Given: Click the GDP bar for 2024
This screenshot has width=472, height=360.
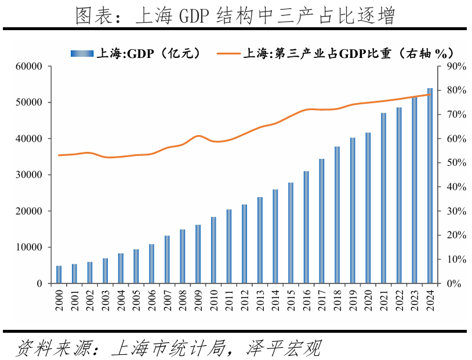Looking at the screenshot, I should pos(430,186).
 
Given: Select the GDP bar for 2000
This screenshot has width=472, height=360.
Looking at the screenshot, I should pos(59,274).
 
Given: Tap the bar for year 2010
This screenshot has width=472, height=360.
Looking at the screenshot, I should pos(213,250).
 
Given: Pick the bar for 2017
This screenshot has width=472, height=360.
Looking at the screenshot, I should pos(322,221).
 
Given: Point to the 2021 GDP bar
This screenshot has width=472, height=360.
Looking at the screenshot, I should pos(383,198).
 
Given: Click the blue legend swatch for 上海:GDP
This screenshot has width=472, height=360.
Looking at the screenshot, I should pos(81,53).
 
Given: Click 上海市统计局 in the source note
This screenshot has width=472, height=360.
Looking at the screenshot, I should pos(165,348).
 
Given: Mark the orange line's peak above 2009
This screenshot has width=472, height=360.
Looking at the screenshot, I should pos(198,136).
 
